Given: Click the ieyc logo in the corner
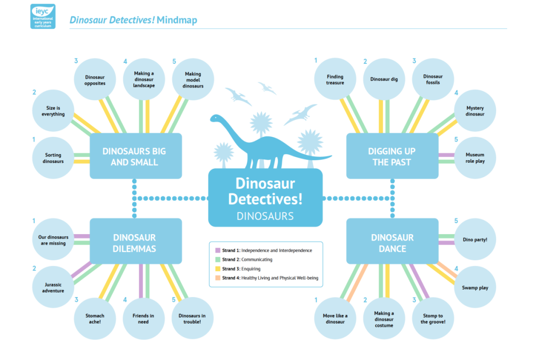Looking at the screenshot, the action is pyautogui.click(x=43, y=16).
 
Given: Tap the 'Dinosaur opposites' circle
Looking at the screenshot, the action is pyautogui.click(x=95, y=79).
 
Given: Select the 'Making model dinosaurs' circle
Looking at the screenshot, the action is pyautogui.click(x=193, y=79).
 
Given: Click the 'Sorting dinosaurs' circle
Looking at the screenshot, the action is pyautogui.click(x=53, y=158).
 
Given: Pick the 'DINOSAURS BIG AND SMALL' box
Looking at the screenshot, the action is pyautogui.click(x=136, y=156).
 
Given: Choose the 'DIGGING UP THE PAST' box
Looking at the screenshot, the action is pyautogui.click(x=392, y=156).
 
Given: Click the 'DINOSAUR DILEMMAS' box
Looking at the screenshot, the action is pyautogui.click(x=136, y=241).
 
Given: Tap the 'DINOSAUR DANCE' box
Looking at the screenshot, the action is pyautogui.click(x=392, y=241).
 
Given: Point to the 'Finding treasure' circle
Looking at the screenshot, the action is pyautogui.click(x=335, y=79).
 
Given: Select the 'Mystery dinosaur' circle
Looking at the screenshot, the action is pyautogui.click(x=475, y=111).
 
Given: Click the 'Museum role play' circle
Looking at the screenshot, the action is pyautogui.click(x=475, y=158).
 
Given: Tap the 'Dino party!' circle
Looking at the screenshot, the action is pyautogui.click(x=475, y=239).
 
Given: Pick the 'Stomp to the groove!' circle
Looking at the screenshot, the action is pyautogui.click(x=433, y=319).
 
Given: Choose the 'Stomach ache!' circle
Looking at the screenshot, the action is pyautogui.click(x=95, y=319).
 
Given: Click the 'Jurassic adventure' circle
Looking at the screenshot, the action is pyautogui.click(x=53, y=287).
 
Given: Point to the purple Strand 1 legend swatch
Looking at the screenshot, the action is pyautogui.click(x=218, y=250).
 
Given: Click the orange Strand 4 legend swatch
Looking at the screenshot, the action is pyautogui.click(x=218, y=278).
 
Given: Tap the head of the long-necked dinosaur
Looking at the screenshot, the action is pyautogui.click(x=215, y=118).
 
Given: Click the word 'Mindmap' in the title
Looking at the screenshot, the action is pyautogui.click(x=177, y=20).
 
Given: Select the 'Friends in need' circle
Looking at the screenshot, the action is pyautogui.click(x=144, y=319).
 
